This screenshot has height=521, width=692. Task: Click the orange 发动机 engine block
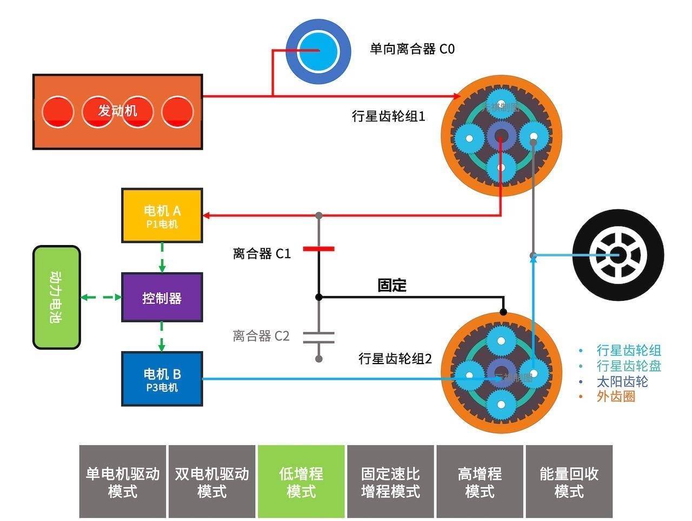pos(117,111)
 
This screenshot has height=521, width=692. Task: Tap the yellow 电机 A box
pos(162,215)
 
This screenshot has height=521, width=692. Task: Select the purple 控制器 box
pos(162,298)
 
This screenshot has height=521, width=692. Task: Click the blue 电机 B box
pos(162,379)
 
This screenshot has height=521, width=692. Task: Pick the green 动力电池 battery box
pos(57,298)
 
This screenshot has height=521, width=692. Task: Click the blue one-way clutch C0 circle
pos(318,51)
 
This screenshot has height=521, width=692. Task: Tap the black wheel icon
pos(618,254)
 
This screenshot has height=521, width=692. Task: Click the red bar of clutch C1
pos(318,249)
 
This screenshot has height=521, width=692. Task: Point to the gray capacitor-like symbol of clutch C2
pos(318,337)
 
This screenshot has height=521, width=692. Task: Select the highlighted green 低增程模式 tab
pos(301,482)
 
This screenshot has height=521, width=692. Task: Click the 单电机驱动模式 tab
pos(123,482)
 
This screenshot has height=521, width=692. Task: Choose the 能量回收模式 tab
pos(569,482)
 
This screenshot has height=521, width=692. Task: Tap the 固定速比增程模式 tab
pos(390,482)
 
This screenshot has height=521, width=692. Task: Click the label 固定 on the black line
pos(392,285)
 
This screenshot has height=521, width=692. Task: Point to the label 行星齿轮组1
pos(389,116)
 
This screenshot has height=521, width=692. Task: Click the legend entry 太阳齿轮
pos(622,381)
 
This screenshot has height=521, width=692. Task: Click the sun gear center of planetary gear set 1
pos(501,136)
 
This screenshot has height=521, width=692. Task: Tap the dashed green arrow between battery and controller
pos(101,297)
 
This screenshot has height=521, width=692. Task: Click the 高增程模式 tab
pos(480,482)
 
